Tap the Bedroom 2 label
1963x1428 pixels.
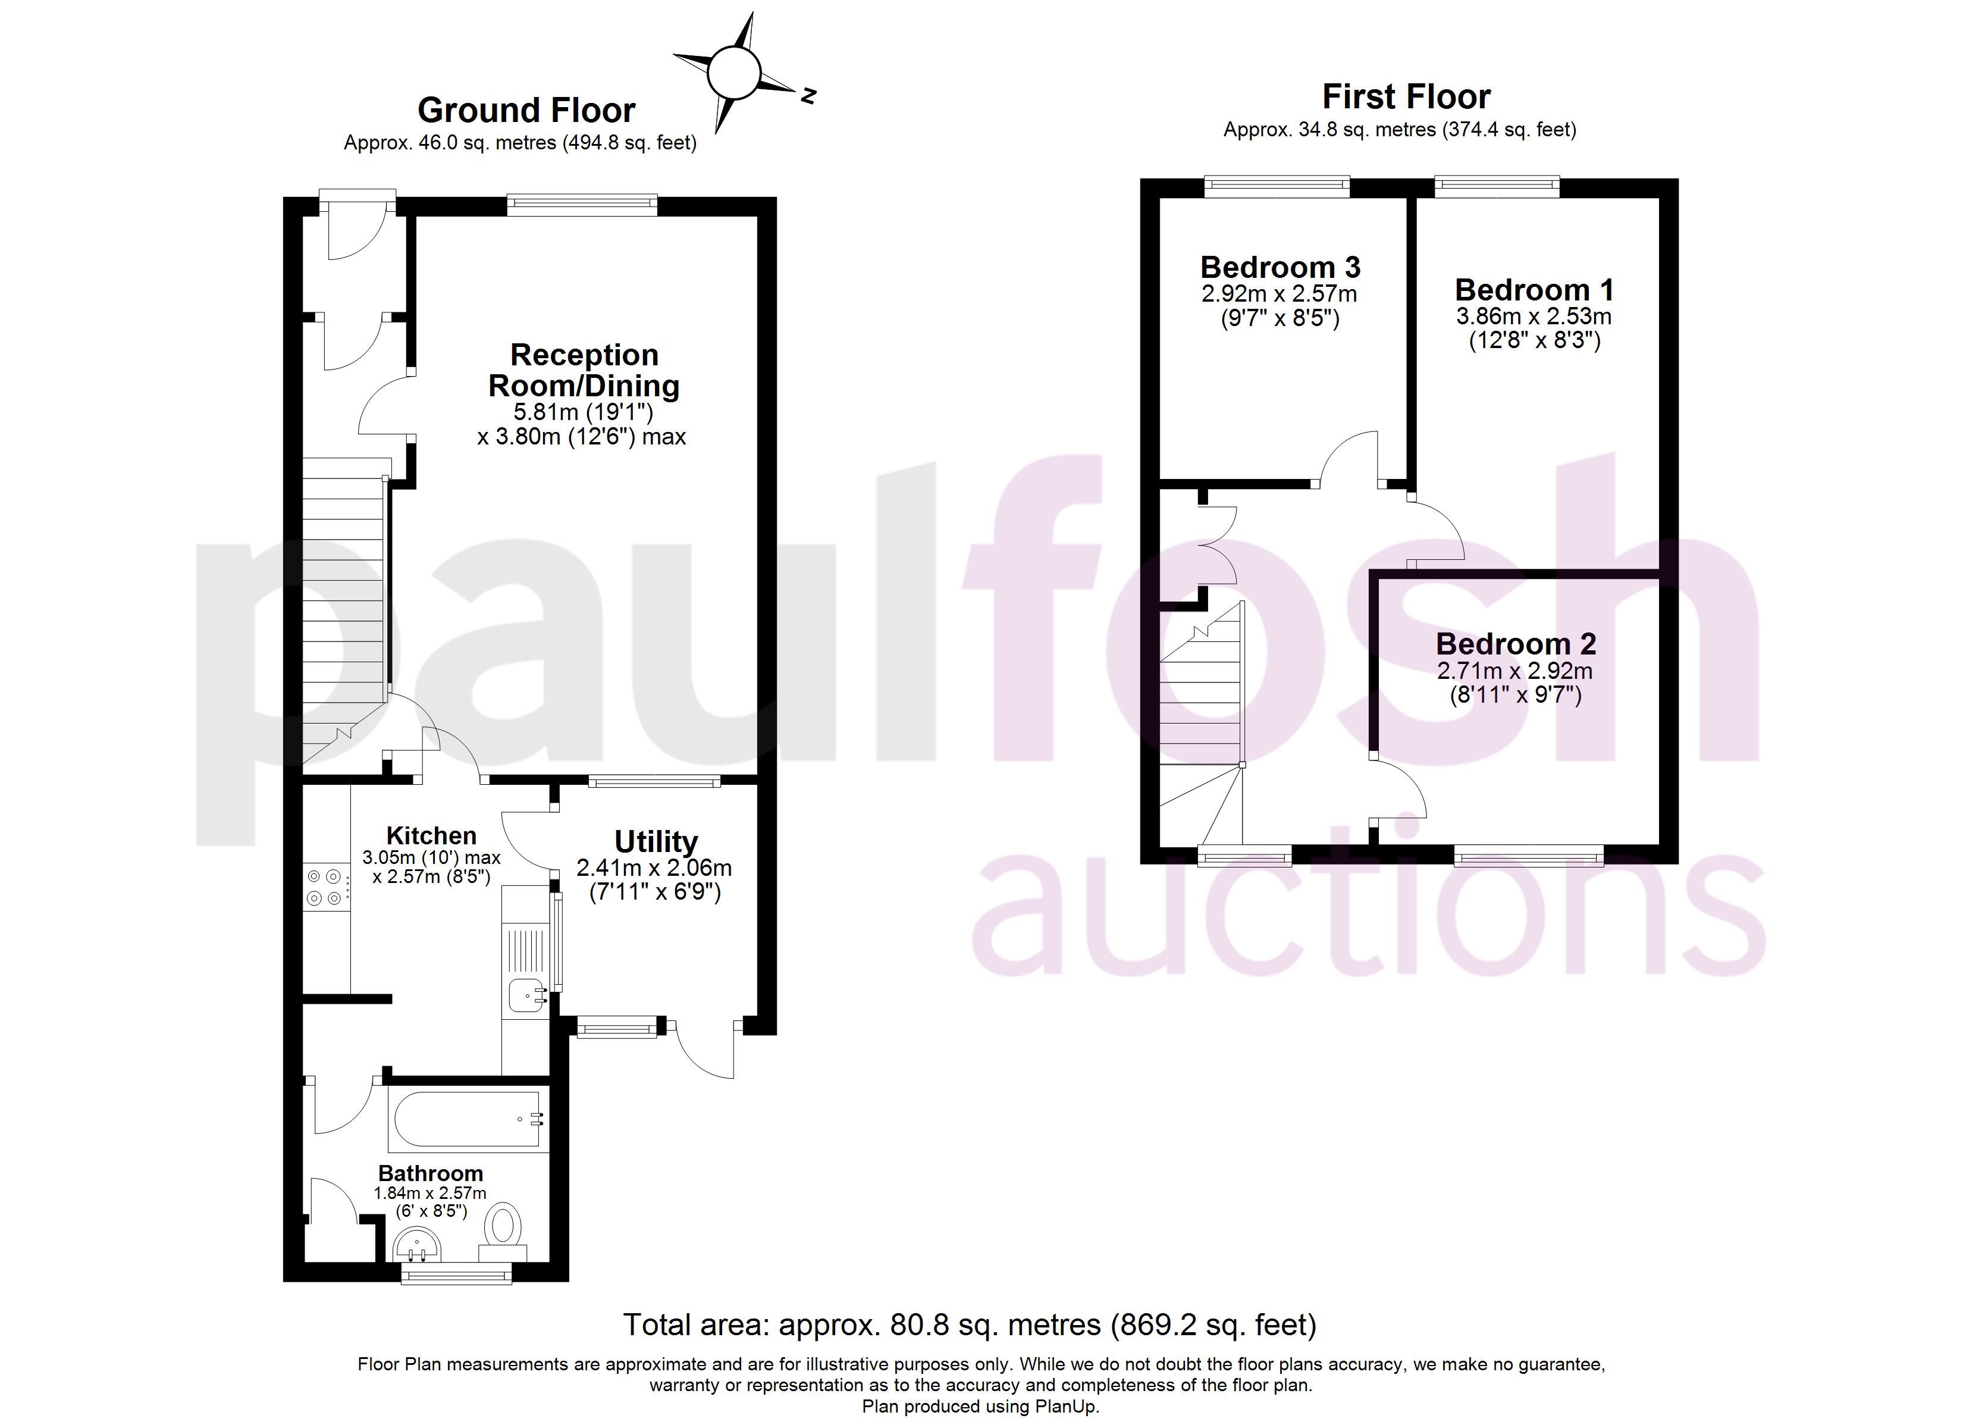point(1516,643)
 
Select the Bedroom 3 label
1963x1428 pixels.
point(1280,267)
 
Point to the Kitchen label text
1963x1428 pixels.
point(431,835)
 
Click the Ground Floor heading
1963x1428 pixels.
point(526,110)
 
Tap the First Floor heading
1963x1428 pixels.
point(1406,96)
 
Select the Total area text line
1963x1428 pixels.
point(970,1324)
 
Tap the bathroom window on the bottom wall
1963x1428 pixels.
point(456,1273)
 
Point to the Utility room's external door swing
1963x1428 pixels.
point(705,1050)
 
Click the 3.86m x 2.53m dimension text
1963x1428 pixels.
point(1534,316)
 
